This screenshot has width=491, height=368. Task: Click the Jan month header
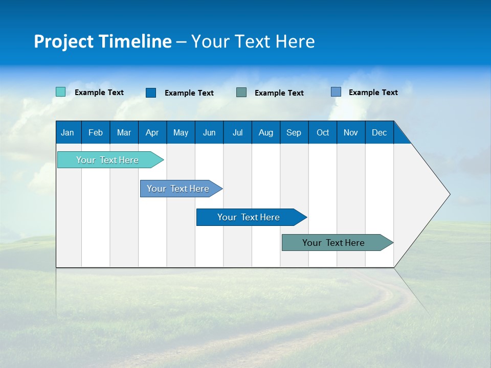pyautogui.click(x=68, y=133)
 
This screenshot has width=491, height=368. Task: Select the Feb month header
pyautogui.click(x=96, y=133)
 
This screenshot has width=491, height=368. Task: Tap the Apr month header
pyautogui.click(x=152, y=133)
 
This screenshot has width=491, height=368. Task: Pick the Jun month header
pyautogui.click(x=209, y=133)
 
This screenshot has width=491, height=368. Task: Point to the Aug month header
pyautogui.click(x=265, y=133)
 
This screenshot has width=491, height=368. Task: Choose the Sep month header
pyautogui.click(x=294, y=133)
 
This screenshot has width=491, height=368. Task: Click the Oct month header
pyautogui.click(x=323, y=133)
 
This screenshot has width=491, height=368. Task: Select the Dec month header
pyautogui.click(x=379, y=133)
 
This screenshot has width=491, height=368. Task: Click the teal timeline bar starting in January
pyautogui.click(x=107, y=160)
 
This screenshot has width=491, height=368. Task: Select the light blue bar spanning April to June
pyautogui.click(x=178, y=189)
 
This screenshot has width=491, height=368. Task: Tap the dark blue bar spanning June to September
pyautogui.click(x=249, y=217)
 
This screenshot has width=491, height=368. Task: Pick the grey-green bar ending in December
pyautogui.click(x=333, y=243)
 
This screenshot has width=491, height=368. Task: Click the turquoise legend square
pyautogui.click(x=60, y=92)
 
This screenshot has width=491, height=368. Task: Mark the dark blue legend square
pyautogui.click(x=151, y=93)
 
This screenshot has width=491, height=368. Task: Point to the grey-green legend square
pyautogui.click(x=241, y=92)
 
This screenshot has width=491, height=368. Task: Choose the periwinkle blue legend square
pyautogui.click(x=336, y=92)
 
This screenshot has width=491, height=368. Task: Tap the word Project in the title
pyautogui.click(x=63, y=41)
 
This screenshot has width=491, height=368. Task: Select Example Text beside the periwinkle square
pyautogui.click(x=373, y=93)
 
